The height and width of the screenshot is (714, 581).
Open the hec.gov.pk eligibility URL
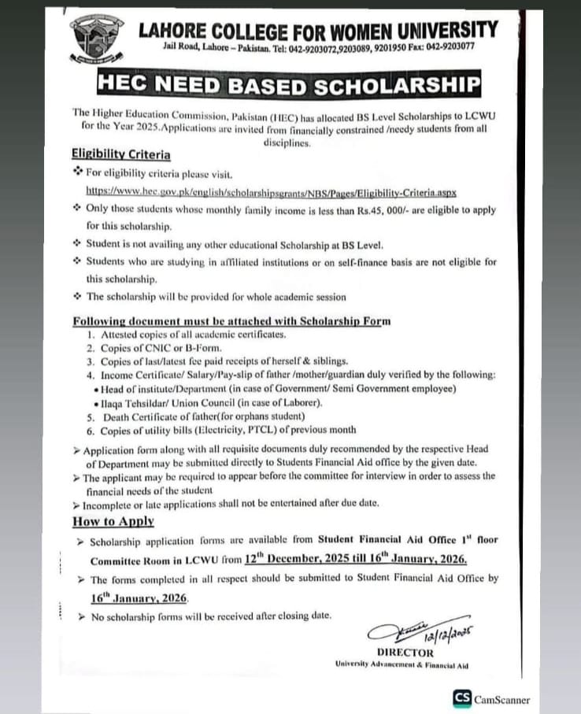pos(272,192)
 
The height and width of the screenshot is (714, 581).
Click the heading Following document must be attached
pos(231,321)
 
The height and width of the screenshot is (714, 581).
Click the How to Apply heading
pos(113,521)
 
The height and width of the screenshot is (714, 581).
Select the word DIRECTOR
pos(405,653)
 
